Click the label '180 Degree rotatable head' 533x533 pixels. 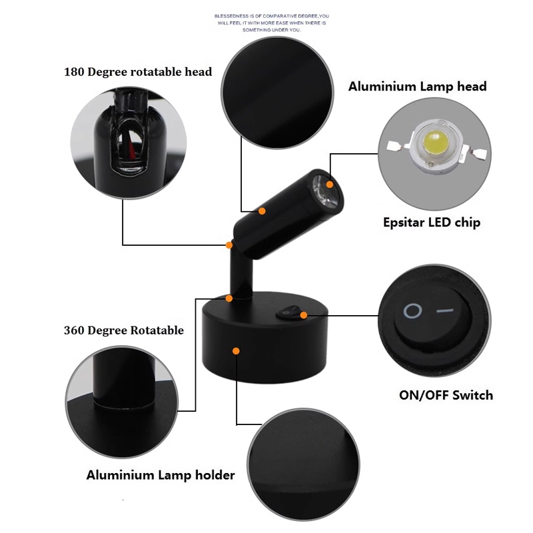138,72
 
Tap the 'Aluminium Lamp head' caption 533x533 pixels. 418,87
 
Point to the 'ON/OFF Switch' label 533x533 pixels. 446,395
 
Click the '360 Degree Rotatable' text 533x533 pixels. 124,330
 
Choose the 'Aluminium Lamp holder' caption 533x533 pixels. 161,475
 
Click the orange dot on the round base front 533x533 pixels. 236,350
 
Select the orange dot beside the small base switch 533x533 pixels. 304,314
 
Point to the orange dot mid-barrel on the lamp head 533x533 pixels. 263,211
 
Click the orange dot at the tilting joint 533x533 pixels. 229,244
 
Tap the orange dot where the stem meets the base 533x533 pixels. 229,298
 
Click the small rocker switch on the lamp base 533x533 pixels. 289,311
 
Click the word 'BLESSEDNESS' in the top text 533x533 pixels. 231,15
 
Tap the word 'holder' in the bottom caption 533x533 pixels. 214,475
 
